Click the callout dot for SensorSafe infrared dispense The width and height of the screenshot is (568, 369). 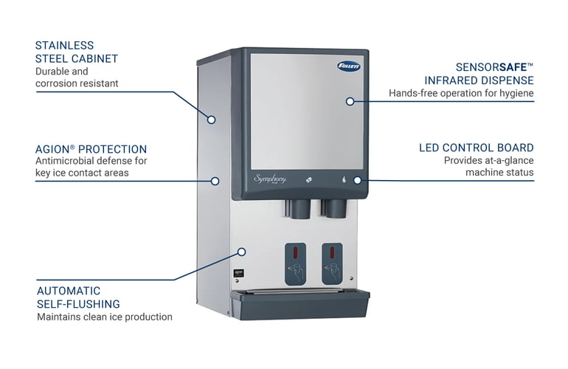[350, 101]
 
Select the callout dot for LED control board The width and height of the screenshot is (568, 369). [358, 179]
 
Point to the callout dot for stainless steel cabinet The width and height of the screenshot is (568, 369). [211, 119]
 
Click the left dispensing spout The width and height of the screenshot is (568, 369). [299, 209]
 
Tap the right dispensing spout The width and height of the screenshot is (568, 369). [336, 209]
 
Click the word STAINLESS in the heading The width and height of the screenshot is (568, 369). [64, 46]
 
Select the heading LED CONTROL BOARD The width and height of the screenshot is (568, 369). [476, 148]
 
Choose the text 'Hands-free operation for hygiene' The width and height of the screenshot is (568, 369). [460, 93]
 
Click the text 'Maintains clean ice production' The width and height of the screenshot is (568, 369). [104, 317]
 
